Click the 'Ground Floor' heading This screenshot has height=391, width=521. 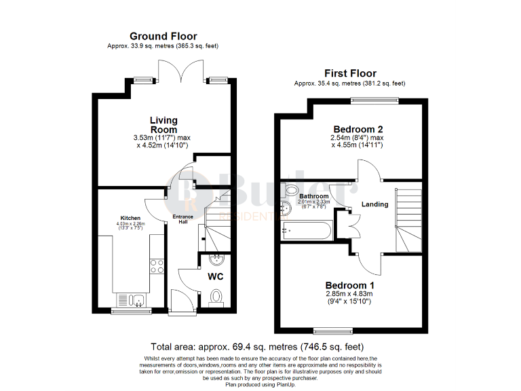(163, 36)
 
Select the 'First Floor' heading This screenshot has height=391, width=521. (349, 73)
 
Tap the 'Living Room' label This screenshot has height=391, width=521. (163, 125)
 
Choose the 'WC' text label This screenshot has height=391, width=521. (216, 277)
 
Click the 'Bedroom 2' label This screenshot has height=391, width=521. (358, 129)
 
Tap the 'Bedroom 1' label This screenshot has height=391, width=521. (349, 284)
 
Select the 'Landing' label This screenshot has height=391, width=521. (374, 204)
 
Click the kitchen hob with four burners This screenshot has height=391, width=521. (157, 267)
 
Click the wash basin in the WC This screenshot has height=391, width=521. (216, 259)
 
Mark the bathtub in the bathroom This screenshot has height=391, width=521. (305, 231)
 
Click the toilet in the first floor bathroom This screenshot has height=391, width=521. (290, 190)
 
